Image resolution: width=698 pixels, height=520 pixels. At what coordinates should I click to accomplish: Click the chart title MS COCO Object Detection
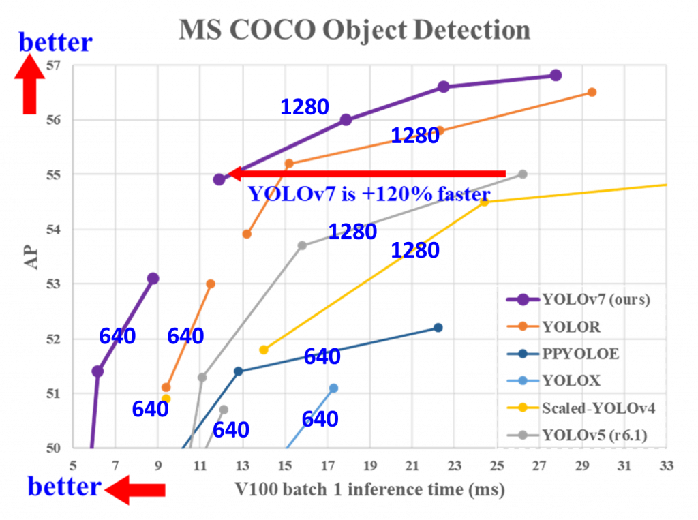354,31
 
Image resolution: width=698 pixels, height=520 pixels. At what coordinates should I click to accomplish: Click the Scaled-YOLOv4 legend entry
592,408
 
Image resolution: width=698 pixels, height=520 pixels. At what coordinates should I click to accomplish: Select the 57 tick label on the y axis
55,65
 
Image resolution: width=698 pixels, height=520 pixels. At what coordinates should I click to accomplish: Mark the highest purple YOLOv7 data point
556,75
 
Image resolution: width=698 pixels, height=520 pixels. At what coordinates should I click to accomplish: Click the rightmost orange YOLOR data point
592,92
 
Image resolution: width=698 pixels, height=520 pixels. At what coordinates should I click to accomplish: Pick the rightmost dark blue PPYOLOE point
438,328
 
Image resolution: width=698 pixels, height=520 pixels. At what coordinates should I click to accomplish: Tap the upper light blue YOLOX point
333,387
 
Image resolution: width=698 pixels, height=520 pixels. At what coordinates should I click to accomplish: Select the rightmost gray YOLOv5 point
523,174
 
